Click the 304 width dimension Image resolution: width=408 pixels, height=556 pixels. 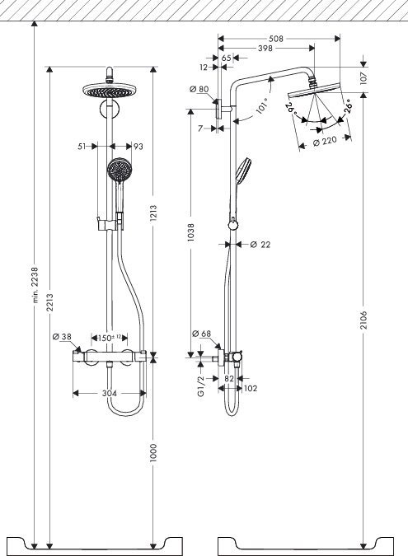coord(108,394)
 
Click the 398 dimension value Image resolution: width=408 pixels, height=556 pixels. coord(265,49)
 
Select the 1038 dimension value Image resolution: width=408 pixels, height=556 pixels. coord(191,234)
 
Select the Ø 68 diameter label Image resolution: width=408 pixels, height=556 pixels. coord(202,334)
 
